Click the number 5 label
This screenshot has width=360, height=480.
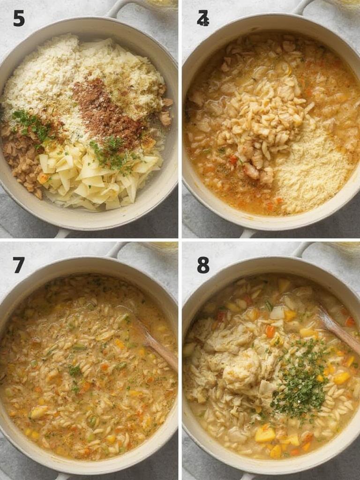point(19,18)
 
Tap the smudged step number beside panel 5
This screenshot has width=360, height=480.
point(202,18)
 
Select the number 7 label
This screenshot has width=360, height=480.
point(19,265)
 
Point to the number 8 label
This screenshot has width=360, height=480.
point(203,265)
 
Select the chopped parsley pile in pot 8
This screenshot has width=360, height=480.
point(300,380)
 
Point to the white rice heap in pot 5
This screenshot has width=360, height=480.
point(42,80)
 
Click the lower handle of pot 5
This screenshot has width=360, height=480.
point(63,233)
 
